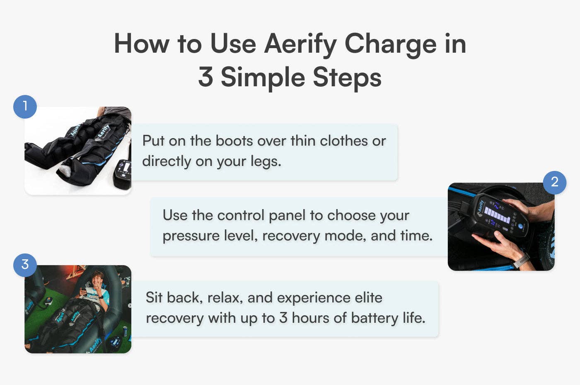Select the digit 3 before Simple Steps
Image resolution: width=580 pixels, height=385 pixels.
[x=205, y=77]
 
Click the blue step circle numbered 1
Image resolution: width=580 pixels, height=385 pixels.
[x=25, y=107]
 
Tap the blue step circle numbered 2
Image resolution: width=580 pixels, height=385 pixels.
[x=554, y=182]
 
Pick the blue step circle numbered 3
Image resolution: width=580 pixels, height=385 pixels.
[x=25, y=265]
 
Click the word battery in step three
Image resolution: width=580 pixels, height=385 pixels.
[x=374, y=318]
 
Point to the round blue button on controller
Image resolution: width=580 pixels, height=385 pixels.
[x=520, y=227]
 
